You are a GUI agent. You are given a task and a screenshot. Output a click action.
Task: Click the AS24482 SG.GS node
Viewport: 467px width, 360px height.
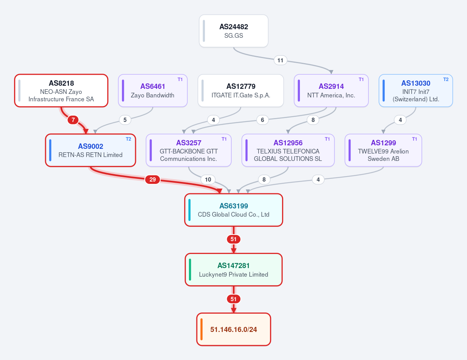coord(234,31)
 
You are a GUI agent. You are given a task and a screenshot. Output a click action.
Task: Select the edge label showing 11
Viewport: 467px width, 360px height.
coord(280,60)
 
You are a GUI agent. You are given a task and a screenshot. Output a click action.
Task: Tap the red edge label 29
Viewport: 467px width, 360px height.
coord(153,179)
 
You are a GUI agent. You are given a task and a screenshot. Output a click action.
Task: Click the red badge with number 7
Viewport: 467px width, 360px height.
coord(73,120)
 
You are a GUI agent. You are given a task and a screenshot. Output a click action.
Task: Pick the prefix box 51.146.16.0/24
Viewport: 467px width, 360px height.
coord(234,329)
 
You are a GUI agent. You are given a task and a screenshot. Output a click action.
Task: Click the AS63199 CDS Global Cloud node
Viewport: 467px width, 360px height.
coord(234,210)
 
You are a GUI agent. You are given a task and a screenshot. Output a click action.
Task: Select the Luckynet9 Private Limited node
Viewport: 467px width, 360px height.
coord(234,270)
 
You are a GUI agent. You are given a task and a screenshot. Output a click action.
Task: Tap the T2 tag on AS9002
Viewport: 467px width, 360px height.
coord(129,139)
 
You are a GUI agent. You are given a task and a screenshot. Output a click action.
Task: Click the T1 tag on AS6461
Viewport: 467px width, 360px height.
coord(180,79)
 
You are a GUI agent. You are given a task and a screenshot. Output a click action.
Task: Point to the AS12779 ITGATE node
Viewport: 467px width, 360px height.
coord(241,91)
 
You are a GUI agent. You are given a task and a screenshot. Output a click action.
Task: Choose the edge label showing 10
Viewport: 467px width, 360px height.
coord(208,179)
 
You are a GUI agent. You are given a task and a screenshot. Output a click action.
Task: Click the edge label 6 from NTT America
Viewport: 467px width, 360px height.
coord(263,120)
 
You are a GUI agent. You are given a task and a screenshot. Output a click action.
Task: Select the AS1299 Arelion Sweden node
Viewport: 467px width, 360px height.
coord(383,150)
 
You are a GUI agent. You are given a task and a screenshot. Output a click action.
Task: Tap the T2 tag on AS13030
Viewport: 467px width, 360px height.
coord(446,79)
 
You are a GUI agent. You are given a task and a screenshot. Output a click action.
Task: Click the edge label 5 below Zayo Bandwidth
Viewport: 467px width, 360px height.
coord(125,120)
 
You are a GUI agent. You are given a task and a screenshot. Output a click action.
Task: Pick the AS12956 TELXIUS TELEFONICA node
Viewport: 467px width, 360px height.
coord(288,150)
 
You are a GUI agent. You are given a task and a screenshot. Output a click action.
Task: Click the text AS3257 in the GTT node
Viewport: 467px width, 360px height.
coord(189,143)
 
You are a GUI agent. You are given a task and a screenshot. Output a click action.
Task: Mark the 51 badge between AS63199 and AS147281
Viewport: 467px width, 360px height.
coord(234,239)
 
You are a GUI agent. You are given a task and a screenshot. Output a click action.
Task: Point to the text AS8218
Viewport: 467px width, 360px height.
coord(62,83)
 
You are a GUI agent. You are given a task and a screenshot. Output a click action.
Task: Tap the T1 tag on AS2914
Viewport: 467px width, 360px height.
coord(361,79)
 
